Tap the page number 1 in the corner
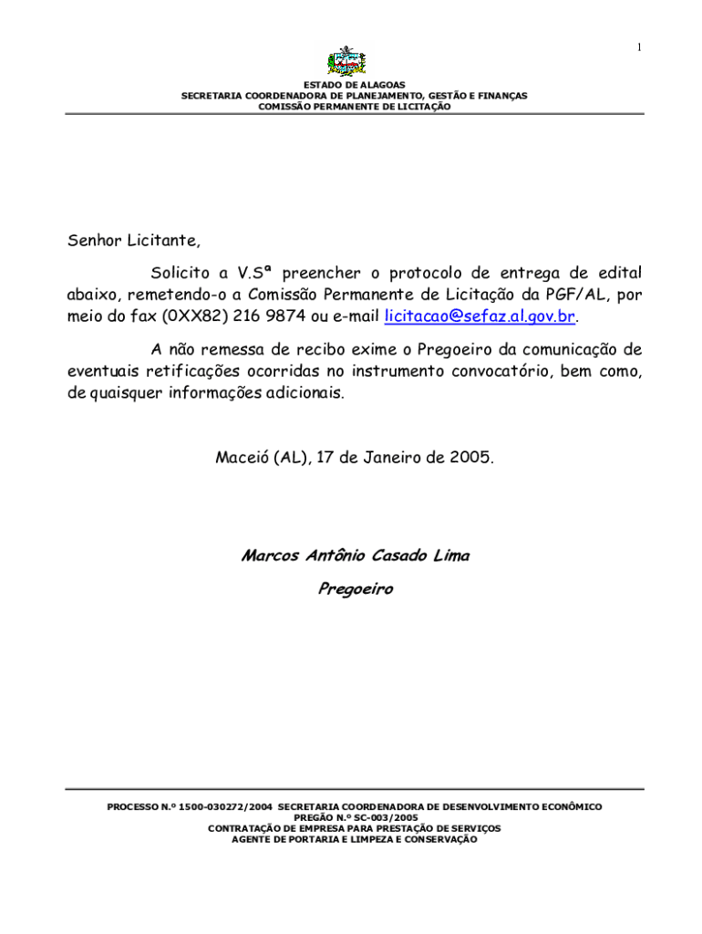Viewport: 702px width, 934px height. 639,47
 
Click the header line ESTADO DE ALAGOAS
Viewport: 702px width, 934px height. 354,85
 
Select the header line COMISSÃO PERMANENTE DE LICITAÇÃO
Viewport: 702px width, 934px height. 354,107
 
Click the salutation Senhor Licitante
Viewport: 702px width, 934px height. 133,242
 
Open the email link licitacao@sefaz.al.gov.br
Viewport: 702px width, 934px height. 480,317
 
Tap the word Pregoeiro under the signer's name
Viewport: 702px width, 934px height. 355,589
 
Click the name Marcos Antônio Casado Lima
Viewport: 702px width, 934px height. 355,555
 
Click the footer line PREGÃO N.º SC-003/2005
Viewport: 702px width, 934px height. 355,818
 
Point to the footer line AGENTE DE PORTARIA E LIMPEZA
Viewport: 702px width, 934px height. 355,840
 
